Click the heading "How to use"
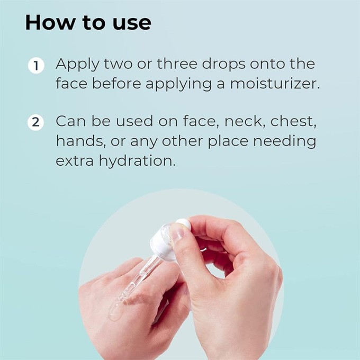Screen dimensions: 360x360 (x=88, y=23)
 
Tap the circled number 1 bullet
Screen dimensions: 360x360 (x=36, y=66)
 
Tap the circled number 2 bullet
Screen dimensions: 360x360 (x=35, y=122)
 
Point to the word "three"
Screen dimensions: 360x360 (x=177, y=64)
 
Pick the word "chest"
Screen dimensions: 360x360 (x=293, y=121)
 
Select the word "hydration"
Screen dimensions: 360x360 (x=137, y=161)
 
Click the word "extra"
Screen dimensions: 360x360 (x=75, y=161)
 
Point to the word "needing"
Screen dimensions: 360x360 (x=284, y=142)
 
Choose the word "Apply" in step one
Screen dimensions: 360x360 (x=77, y=65)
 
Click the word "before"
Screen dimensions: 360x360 (x=116, y=83)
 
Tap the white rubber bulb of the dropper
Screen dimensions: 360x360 (x=183, y=223)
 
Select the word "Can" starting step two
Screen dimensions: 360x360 (x=71, y=121)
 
